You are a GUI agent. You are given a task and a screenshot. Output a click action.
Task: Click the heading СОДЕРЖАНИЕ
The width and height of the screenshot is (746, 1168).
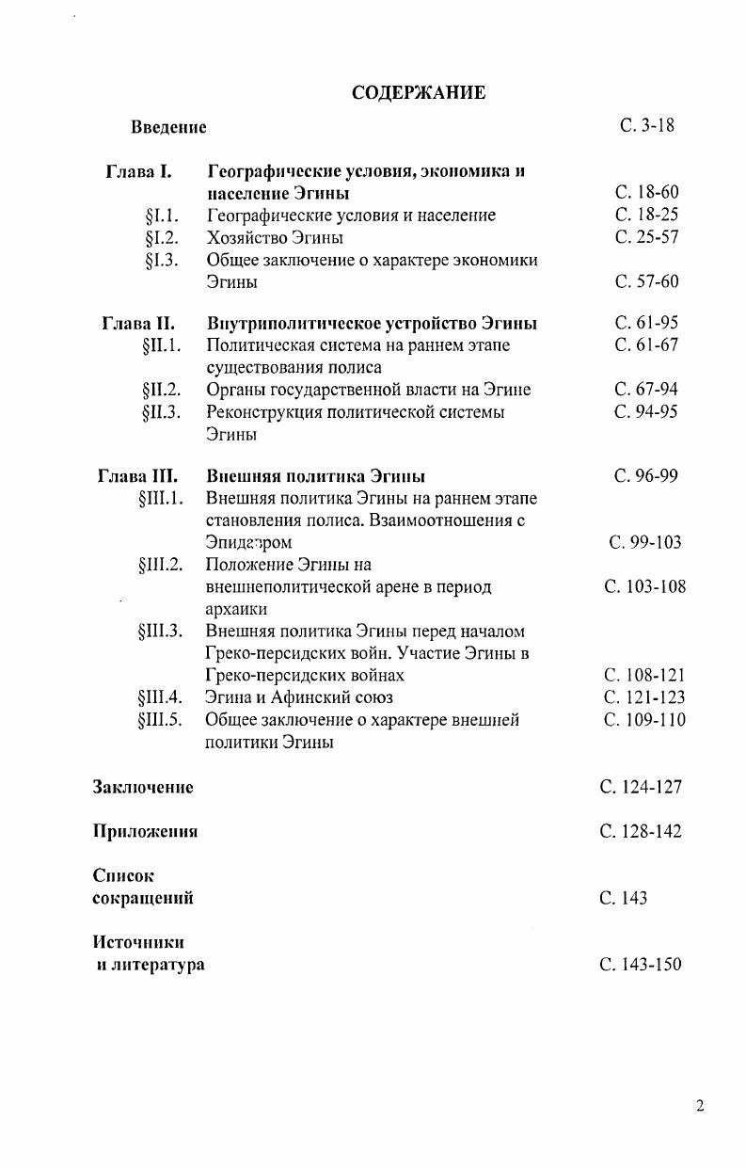(x=418, y=92)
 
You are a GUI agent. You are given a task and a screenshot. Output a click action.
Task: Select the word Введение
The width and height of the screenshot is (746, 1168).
(x=168, y=126)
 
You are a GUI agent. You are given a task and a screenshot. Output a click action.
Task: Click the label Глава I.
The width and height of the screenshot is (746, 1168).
(x=138, y=171)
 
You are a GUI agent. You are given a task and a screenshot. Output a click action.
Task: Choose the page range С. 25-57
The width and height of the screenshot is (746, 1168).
(x=646, y=237)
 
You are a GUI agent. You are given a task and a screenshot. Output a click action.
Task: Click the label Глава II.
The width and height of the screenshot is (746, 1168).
(x=138, y=323)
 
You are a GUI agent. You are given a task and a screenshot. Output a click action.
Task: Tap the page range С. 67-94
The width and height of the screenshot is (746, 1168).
(x=646, y=389)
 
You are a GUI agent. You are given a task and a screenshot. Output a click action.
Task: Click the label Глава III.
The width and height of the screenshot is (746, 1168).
(x=137, y=475)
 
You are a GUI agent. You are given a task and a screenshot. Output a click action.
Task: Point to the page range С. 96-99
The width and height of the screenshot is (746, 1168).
(x=646, y=475)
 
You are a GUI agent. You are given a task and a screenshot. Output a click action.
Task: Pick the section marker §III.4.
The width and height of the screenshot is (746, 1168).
(x=159, y=697)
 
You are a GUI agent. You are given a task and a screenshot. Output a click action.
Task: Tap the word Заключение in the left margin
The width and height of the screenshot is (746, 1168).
(x=143, y=787)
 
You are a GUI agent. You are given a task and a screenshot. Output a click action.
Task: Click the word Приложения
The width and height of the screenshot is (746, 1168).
(x=145, y=831)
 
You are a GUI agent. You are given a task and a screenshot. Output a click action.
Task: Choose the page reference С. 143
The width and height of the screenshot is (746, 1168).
(x=623, y=898)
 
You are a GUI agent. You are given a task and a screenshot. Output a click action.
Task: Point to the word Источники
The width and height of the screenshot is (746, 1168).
(x=138, y=942)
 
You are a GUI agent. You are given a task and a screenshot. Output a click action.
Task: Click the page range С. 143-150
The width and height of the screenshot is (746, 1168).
(x=640, y=965)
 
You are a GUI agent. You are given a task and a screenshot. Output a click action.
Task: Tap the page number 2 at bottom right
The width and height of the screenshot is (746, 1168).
(x=700, y=1106)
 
